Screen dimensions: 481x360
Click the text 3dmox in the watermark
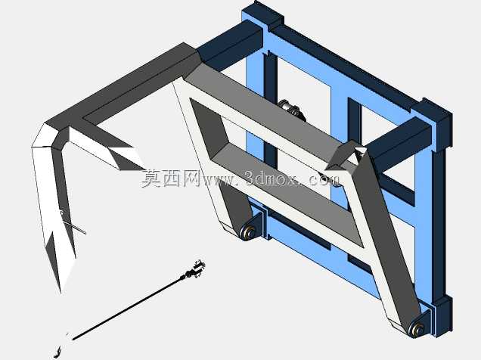pyautogui.click(x=271, y=178)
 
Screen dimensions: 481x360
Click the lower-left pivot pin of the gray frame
pyautogui.click(x=249, y=231)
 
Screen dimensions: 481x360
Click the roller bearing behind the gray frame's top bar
pyautogui.click(x=291, y=109)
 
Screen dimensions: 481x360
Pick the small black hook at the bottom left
pyautogui.click(x=57, y=352)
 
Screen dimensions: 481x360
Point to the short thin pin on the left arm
pyautogui.click(x=73, y=227)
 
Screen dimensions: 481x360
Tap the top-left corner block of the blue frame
pyautogui.click(x=268, y=14)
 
